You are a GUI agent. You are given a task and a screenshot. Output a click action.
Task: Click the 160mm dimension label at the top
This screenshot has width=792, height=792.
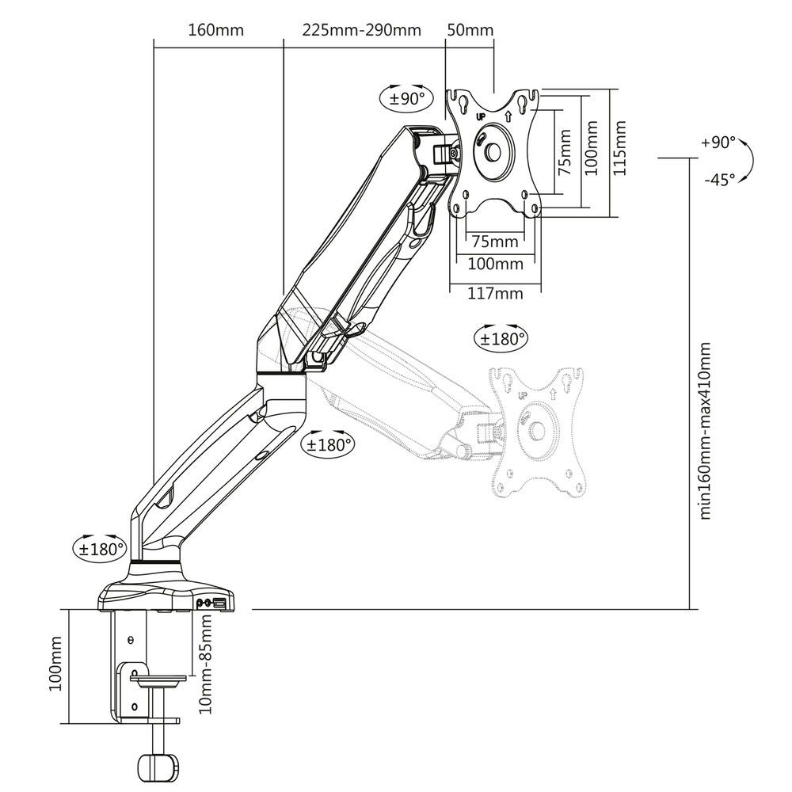coord(215,31)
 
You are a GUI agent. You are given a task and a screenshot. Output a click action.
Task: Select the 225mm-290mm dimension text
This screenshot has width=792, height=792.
coord(361,31)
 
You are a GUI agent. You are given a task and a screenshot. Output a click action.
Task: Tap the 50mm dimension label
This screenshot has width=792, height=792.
coord(470,31)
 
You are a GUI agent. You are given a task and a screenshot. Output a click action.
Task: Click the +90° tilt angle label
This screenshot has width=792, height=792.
coord(718,143)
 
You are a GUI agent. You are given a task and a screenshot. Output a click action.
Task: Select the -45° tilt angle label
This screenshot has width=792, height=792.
coord(719,180)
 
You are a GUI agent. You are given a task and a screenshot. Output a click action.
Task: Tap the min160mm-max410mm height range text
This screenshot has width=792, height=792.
coord(705,431)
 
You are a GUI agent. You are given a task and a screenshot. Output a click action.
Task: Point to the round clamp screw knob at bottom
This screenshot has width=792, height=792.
coord(156,768)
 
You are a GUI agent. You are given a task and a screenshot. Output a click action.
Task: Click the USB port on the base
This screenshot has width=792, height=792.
coord(219,604)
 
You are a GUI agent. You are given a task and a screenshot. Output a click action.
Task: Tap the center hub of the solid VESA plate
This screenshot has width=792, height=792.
coord(495,150)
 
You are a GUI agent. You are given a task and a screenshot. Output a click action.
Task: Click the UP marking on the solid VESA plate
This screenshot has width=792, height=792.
coord(481,116)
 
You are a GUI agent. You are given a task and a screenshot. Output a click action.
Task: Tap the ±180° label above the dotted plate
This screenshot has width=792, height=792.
coord(501,339)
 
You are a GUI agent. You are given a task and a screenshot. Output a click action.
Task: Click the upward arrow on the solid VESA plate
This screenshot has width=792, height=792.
coord(508,116)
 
